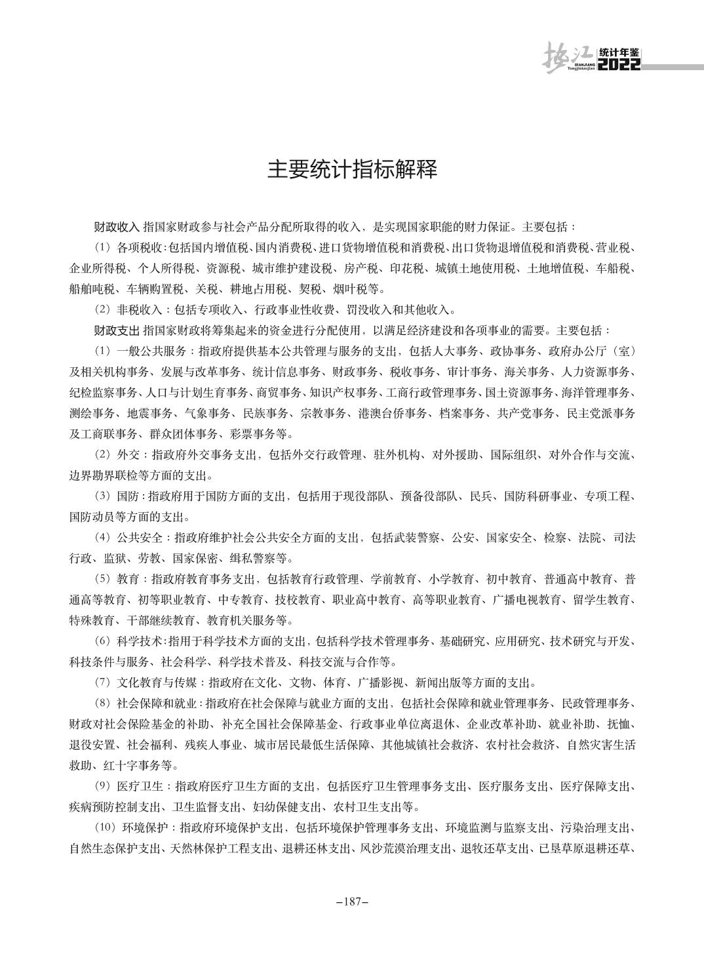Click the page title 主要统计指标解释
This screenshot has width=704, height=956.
[352, 170]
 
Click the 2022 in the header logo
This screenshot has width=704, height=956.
[620, 66]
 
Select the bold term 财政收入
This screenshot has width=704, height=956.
[117, 228]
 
